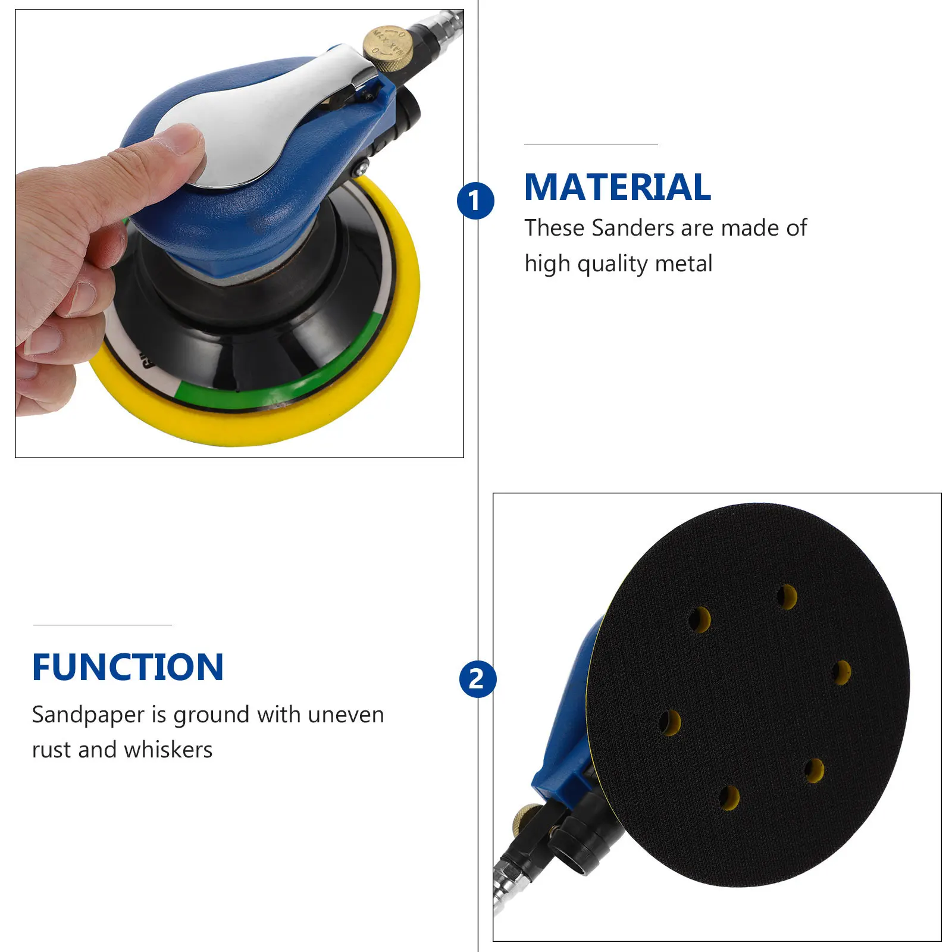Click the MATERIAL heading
pyautogui.click(x=617, y=187)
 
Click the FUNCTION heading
pyautogui.click(x=128, y=667)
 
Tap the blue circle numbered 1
pyautogui.click(x=475, y=201)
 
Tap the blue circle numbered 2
pyautogui.click(x=477, y=679)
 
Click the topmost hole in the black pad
pyautogui.click(x=787, y=597)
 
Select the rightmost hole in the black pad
pyautogui.click(x=841, y=673)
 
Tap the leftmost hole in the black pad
pyautogui.click(x=670, y=722)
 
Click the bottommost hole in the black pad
pyautogui.click(x=729, y=798)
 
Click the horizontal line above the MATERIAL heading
pyautogui.click(x=590, y=145)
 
